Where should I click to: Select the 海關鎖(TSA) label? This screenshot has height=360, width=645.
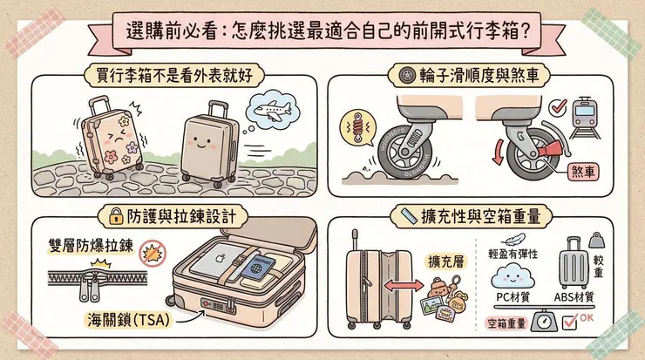click(128, 318)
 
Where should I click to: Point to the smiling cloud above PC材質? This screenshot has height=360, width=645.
click(514, 276)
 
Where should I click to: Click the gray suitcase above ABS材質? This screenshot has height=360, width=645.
click(574, 262)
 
